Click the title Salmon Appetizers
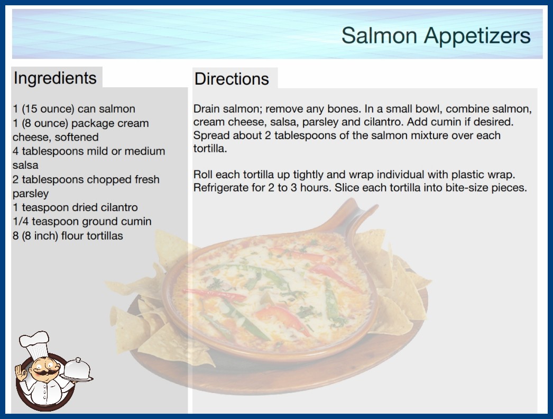436,36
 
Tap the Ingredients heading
55,78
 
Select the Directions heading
232,79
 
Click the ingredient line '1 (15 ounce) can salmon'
74,109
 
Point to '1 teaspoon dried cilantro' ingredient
75,207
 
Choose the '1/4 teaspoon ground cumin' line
82,221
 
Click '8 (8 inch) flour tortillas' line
68,235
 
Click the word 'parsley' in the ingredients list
31,194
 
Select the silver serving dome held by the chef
78,369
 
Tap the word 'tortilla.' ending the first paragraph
210,149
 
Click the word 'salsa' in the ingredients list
25,165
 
